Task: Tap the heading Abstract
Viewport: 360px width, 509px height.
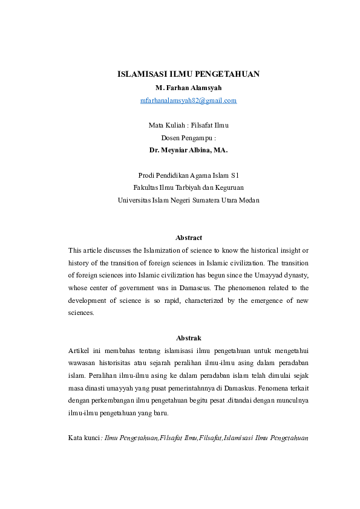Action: (x=188, y=238)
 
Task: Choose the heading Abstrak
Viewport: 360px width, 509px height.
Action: (x=188, y=337)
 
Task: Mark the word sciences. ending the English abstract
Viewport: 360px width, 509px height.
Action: (x=82, y=313)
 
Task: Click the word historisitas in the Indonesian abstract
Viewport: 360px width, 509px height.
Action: (x=125, y=363)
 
